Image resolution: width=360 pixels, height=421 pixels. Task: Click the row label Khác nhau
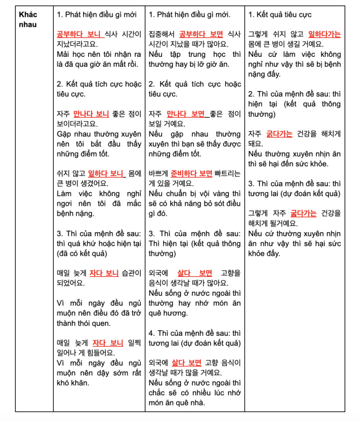click(26, 19)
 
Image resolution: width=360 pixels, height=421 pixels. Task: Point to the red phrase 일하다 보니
click(105, 173)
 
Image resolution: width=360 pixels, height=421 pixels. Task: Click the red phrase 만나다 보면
click(186, 114)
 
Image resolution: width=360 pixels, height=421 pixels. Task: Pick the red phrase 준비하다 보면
click(191, 173)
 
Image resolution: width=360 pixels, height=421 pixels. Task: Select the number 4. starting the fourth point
click(152, 333)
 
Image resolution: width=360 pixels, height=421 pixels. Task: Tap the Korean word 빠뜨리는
click(228, 173)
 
